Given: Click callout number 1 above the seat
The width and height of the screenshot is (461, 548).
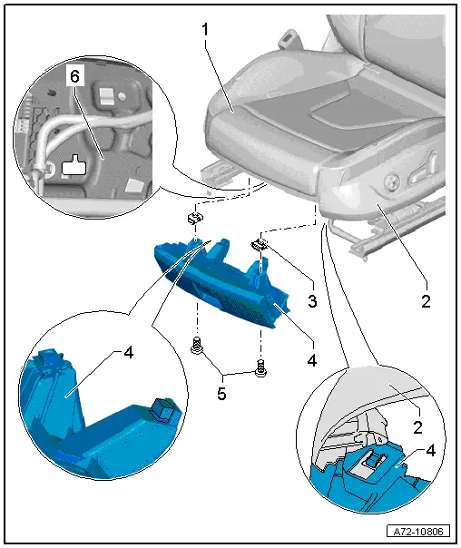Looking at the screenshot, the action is click(205, 30).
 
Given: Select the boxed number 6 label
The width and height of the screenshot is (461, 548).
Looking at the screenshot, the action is click(75, 76).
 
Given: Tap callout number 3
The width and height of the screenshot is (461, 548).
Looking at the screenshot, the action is click(312, 300).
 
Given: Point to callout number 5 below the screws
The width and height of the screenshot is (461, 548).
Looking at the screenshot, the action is click(221, 394).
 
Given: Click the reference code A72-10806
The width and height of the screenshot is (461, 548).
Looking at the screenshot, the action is click(418, 532).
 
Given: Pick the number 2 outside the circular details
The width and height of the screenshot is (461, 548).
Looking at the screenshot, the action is click(426, 301).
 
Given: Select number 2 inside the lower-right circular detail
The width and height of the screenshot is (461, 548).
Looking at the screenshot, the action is click(417, 427).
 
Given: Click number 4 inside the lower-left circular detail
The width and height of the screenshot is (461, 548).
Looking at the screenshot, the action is click(129, 353).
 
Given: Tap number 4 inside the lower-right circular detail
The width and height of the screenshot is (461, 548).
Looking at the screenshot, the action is click(431, 451).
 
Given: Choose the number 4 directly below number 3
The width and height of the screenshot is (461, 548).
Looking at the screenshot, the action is click(311, 359).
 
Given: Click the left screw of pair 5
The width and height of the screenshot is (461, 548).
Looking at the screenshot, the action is click(196, 345).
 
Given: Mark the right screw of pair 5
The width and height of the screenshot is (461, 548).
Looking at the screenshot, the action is click(260, 368).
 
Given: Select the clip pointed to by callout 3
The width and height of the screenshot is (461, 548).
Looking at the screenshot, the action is click(259, 244).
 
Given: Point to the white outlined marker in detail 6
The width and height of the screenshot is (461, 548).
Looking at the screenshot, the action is click(74, 165).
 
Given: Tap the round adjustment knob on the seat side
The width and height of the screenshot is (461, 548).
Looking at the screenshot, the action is click(391, 181).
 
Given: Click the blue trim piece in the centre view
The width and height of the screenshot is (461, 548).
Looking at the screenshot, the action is click(222, 282).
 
